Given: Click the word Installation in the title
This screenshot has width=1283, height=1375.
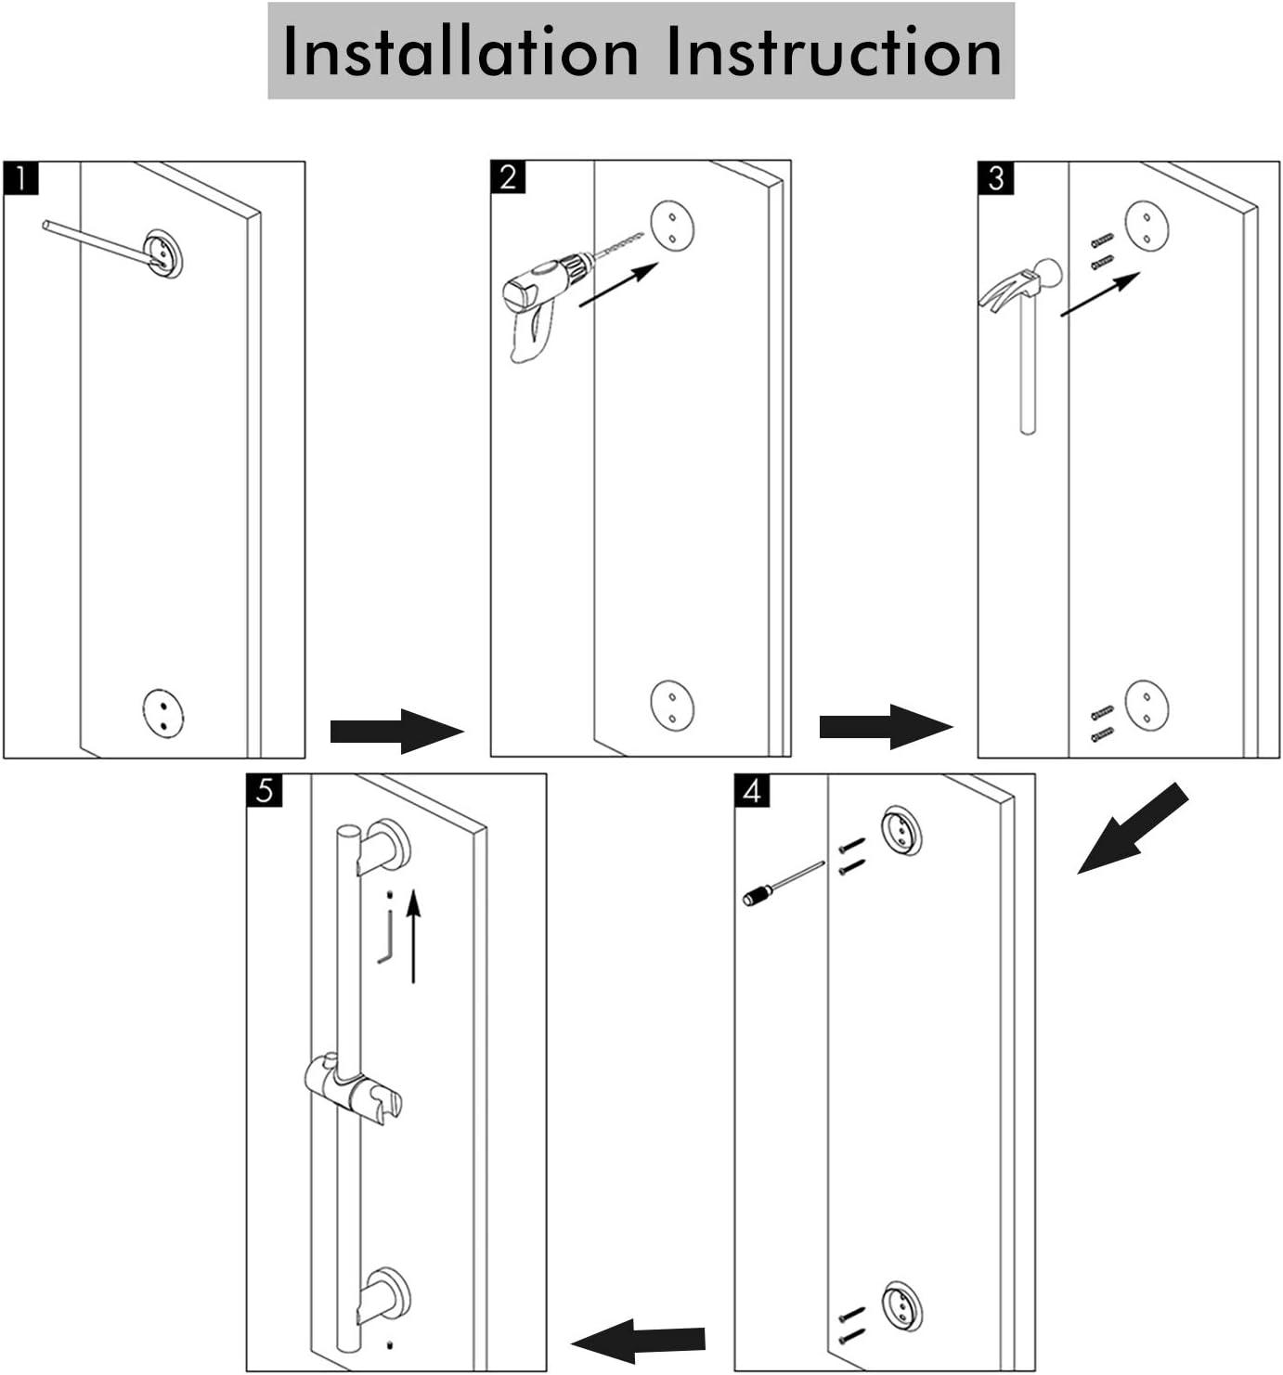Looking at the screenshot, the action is [x=460, y=50].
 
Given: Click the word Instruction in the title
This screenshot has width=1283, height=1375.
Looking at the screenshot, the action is [x=834, y=50].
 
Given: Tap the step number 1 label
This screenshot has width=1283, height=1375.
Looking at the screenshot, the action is [x=20, y=178].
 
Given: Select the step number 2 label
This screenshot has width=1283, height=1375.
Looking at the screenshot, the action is [x=508, y=177].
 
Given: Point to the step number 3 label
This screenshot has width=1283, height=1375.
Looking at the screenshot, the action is [x=995, y=178].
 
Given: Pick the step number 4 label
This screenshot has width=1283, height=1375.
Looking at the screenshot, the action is [x=752, y=791].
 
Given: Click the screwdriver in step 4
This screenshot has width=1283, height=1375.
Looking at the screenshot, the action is [x=784, y=884].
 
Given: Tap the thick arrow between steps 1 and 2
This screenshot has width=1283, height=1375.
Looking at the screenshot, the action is [x=396, y=731].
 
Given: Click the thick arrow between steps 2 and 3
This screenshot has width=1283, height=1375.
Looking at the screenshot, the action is [x=887, y=727].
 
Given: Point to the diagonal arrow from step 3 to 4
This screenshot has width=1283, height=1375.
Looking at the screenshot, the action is [x=1133, y=829].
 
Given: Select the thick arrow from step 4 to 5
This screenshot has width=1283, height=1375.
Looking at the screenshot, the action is [x=638, y=1341].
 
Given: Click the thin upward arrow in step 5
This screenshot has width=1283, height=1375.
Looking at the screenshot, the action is [x=413, y=935].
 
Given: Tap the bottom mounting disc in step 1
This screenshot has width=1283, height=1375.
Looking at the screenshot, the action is [x=163, y=714].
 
